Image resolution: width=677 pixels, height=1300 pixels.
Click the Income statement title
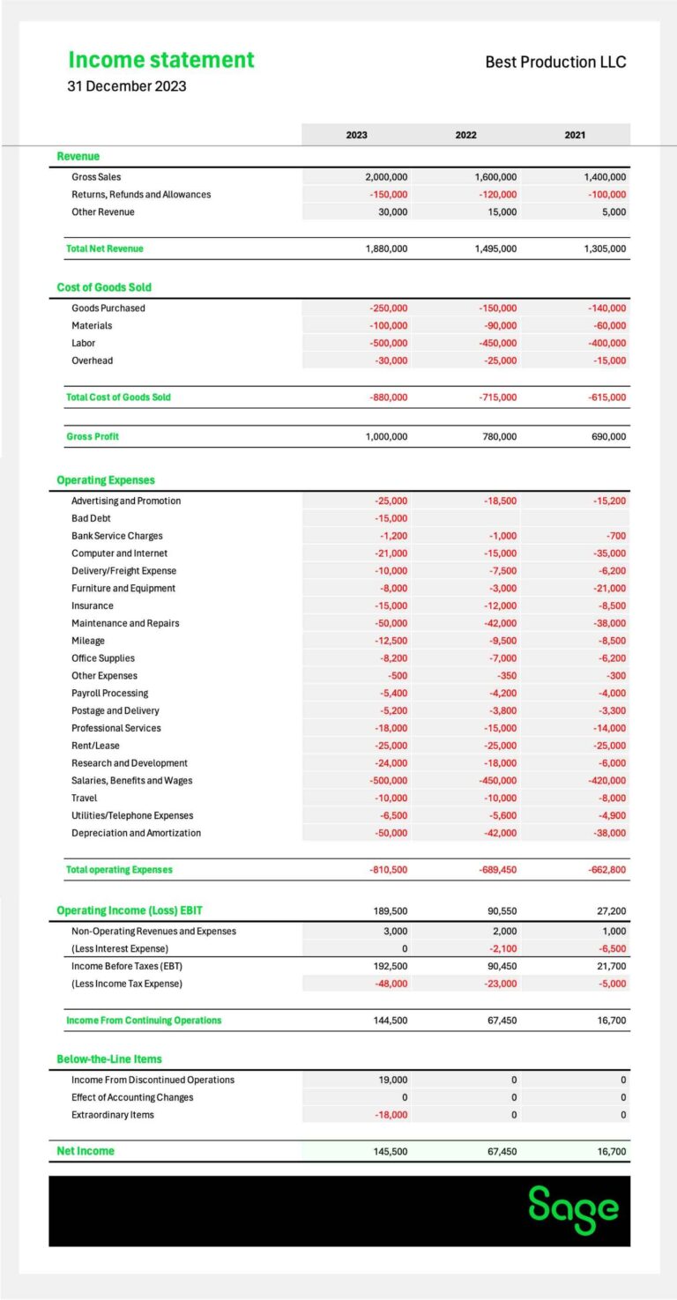(x=161, y=60)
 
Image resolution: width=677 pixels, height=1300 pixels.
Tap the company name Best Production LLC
(x=555, y=62)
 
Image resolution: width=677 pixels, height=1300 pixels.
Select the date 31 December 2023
(x=127, y=86)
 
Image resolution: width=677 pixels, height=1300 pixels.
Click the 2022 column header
(x=465, y=135)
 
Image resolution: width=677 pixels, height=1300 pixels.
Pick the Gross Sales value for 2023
(x=386, y=177)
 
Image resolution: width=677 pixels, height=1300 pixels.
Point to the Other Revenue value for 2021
(x=609, y=212)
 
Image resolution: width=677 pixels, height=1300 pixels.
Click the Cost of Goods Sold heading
(x=104, y=287)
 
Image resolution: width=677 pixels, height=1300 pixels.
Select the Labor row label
(x=84, y=343)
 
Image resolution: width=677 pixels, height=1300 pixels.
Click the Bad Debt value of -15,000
(x=390, y=518)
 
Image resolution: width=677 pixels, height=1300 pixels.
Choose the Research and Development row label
(x=130, y=763)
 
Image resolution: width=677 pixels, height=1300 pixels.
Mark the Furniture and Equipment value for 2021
(x=606, y=589)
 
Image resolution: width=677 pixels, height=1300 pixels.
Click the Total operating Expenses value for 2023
(x=388, y=870)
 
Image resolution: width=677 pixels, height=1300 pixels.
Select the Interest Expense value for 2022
(x=501, y=948)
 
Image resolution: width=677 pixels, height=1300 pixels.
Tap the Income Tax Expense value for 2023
(x=389, y=984)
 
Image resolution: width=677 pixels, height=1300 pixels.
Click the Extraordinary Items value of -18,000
(x=389, y=1115)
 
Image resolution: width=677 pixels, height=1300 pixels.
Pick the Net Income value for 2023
(x=387, y=1151)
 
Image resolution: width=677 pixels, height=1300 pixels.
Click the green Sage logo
(x=573, y=1210)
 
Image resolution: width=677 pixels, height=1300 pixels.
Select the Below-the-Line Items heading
(x=109, y=1059)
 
